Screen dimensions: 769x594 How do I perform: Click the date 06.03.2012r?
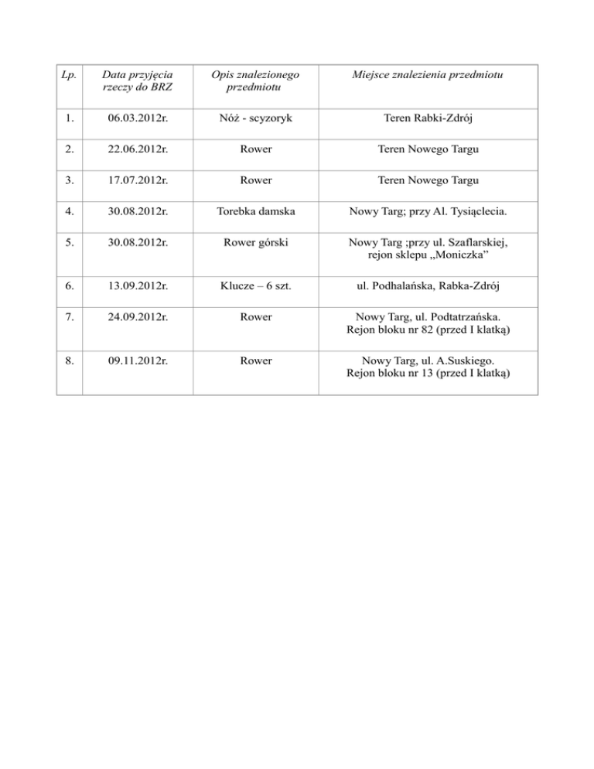coord(137,121)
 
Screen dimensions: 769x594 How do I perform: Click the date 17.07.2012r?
coord(137,180)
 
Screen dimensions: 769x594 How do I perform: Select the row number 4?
coord(69,211)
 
